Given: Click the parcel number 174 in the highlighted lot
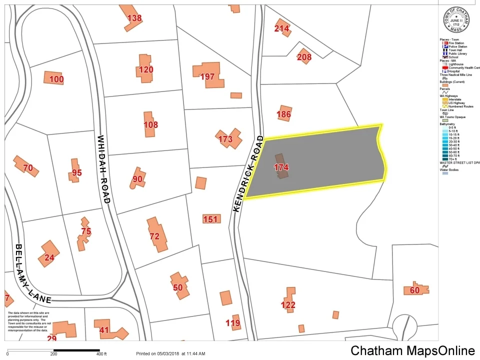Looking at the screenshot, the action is coord(281,168).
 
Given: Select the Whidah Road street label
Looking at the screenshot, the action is coord(103,169).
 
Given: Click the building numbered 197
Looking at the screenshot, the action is coord(207,76).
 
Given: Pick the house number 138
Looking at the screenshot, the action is coord(134,18).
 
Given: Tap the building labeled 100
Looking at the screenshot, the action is coord(56,79).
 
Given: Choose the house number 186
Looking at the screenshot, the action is coord(283,114).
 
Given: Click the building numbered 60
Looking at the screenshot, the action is coord(414,290).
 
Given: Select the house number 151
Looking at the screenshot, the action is coord(210,219).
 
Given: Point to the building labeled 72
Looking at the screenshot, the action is coord(154,236).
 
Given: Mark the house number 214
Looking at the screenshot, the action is coord(281,28).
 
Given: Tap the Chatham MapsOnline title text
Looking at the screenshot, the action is coord(412,350).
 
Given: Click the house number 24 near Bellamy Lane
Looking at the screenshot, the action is coord(49,258).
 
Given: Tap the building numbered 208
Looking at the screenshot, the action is coord(304,57).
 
